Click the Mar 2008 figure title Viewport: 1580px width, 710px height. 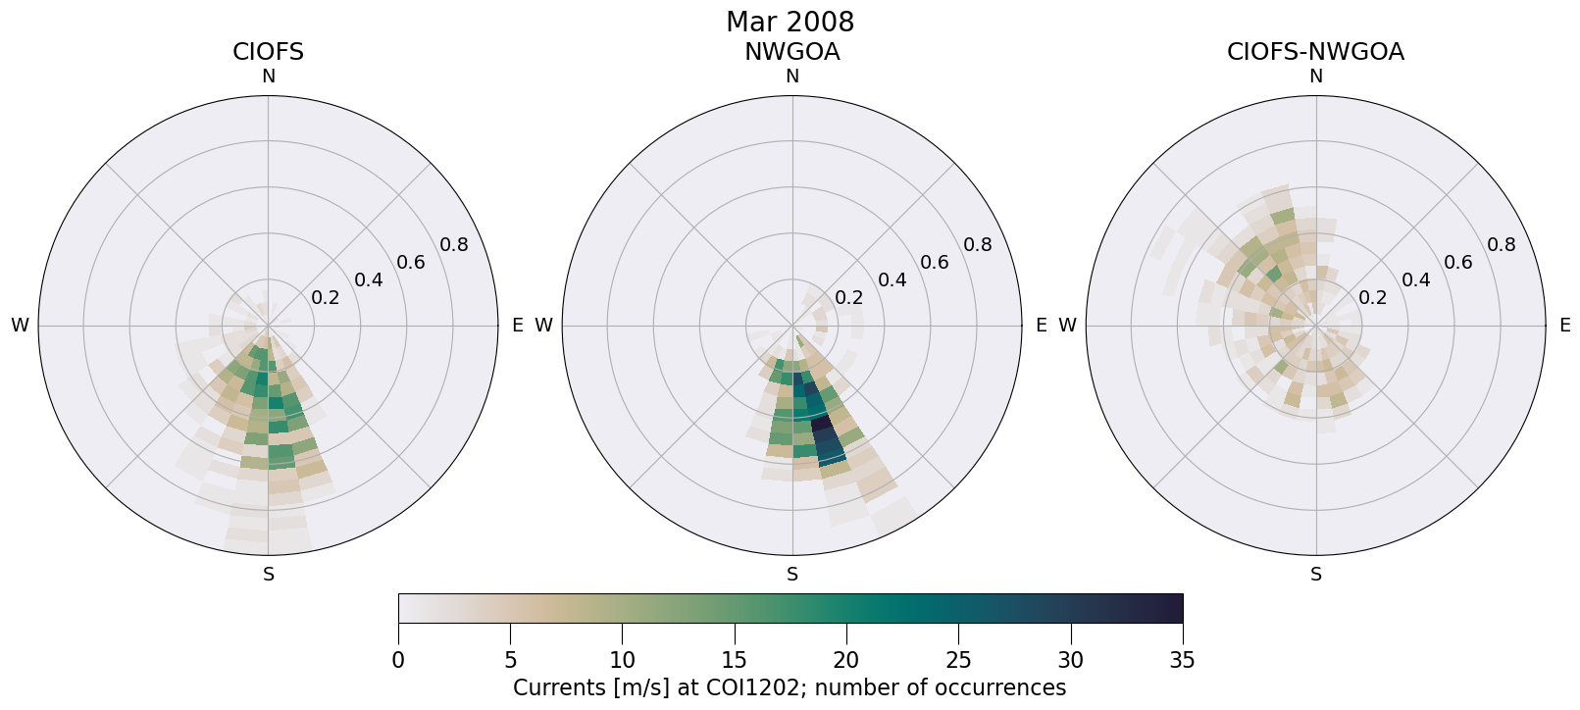pos(790,22)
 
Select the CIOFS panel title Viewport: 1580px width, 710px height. pos(268,52)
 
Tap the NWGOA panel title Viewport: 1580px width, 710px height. pos(791,52)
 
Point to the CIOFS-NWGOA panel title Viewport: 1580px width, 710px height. pos(1315,52)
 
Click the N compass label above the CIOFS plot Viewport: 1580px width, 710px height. pos(269,76)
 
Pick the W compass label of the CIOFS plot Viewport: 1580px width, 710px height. pos(20,326)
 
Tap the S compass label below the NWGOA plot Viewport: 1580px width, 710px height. pos(792,575)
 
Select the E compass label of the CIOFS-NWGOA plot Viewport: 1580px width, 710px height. pos(1564,326)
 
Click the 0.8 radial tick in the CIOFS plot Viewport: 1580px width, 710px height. pos(454,245)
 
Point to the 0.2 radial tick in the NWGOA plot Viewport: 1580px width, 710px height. pos(849,297)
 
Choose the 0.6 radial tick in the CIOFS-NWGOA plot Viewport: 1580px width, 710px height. pos(1458,262)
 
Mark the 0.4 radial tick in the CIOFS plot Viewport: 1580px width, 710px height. pos(369,280)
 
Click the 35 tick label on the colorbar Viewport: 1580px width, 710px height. pos(1182,660)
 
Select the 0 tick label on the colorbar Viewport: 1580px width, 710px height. pos(398,660)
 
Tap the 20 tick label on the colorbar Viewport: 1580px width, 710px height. pos(846,660)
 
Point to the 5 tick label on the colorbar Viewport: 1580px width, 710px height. pos(510,660)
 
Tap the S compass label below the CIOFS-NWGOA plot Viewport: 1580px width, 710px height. pos(1316,575)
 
